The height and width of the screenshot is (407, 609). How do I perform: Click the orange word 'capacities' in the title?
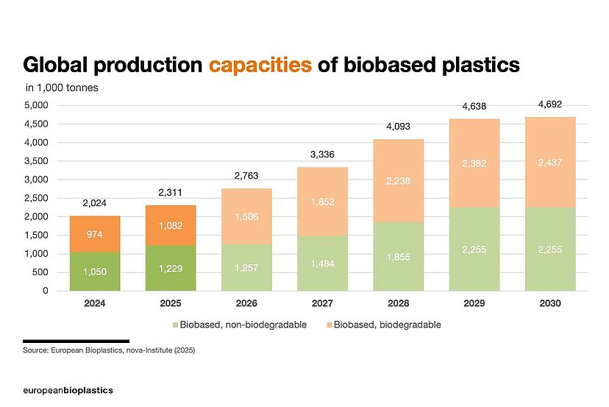click(260, 65)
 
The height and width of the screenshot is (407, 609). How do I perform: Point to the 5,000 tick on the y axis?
click(37, 105)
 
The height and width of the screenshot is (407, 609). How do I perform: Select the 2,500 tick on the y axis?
click(37, 198)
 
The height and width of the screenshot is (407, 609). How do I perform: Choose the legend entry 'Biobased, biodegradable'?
click(387, 325)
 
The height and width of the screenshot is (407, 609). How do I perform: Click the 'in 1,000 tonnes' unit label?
click(62, 88)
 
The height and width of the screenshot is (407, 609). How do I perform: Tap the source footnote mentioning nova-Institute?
click(109, 351)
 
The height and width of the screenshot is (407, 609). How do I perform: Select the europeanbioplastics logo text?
click(68, 389)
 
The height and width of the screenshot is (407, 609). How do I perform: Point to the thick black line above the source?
click(76, 341)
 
